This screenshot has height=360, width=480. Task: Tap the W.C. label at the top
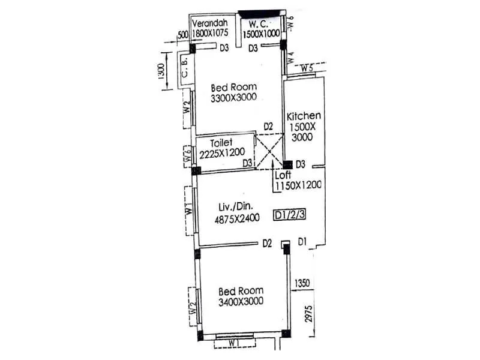tap(260, 24)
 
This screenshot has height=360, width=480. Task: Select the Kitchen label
tap(304, 116)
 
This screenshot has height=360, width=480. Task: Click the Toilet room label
tap(222, 143)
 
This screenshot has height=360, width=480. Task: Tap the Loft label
tap(283, 176)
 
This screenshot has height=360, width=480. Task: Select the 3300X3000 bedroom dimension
tap(233, 98)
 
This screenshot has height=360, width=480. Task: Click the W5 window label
tap(307, 68)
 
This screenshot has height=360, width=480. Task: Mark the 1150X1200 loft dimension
tap(298, 185)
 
